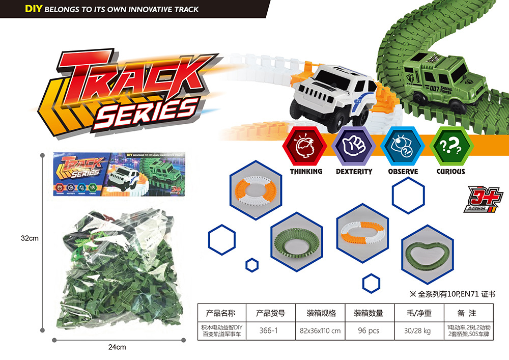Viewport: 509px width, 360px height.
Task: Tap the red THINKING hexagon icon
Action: [306, 145]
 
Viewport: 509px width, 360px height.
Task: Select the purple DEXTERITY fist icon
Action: [354, 145]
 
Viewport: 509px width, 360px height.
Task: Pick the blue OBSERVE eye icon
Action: [403, 145]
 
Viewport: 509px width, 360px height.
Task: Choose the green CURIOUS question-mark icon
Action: [450, 145]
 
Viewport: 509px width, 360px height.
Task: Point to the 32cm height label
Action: [30, 238]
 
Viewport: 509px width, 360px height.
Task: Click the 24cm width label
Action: [117, 347]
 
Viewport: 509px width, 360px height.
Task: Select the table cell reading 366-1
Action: [268, 330]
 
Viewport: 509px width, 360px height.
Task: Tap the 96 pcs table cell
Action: [369, 330]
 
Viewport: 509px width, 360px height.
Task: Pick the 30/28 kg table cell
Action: [417, 330]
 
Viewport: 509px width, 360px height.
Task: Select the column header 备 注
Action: [466, 313]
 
